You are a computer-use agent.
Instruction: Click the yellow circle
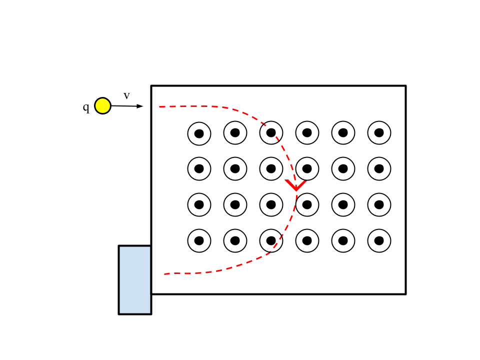click(x=102, y=105)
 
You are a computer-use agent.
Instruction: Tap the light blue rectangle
click(x=134, y=279)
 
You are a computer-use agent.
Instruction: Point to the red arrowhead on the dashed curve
click(x=295, y=186)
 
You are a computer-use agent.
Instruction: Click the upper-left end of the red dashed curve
click(x=160, y=106)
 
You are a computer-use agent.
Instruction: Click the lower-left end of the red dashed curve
click(x=165, y=274)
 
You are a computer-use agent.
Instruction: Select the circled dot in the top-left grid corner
click(x=199, y=133)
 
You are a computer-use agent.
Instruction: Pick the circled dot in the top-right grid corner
click(x=379, y=132)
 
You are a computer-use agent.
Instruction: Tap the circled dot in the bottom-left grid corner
click(x=199, y=240)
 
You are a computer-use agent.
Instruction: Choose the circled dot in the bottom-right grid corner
click(x=379, y=240)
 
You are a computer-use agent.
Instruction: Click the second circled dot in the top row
click(x=235, y=132)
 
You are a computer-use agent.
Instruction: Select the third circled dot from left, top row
click(x=271, y=132)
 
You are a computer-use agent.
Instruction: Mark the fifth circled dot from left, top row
click(x=343, y=132)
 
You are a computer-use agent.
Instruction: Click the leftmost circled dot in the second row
click(x=199, y=168)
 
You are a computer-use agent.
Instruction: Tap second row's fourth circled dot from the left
click(x=307, y=168)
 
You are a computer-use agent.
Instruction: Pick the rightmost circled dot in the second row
click(x=379, y=168)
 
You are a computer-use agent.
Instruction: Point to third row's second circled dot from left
click(x=235, y=204)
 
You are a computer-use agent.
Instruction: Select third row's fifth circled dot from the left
click(x=343, y=204)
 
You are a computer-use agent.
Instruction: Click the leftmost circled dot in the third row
click(x=199, y=204)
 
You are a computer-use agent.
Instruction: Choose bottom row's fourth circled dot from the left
click(x=307, y=240)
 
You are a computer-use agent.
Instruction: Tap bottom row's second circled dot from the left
click(x=235, y=240)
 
